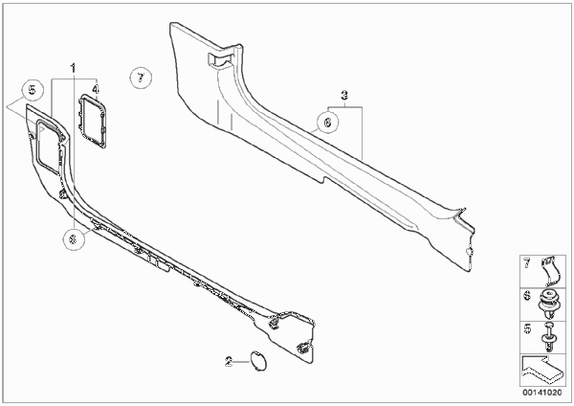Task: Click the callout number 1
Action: [x=73, y=68]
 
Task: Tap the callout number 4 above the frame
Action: [x=96, y=89]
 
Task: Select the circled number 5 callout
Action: [x=33, y=90]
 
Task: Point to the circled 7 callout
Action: [x=141, y=78]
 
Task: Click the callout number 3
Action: [x=344, y=96]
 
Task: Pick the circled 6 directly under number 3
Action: [x=327, y=122]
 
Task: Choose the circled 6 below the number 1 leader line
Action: [x=74, y=239]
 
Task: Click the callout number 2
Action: [x=229, y=362]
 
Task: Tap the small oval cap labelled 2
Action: [x=258, y=361]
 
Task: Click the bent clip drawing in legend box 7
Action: [x=550, y=270]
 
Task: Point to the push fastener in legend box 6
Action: [x=548, y=304]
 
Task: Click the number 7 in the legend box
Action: [x=527, y=262]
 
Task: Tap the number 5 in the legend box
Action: [x=527, y=328]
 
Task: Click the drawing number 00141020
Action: [x=542, y=393]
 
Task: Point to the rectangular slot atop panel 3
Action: [x=222, y=58]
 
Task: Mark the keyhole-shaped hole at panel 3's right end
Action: [x=469, y=252]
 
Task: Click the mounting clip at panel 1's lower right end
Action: [x=304, y=347]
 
